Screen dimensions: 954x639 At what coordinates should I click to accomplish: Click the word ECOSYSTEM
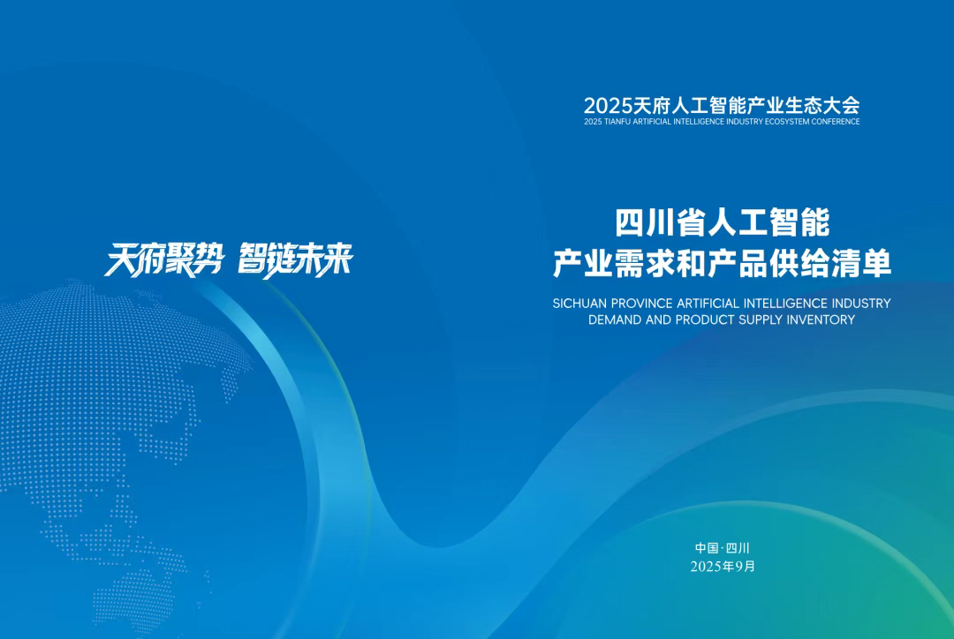[788, 122]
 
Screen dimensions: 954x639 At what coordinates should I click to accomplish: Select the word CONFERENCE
[836, 122]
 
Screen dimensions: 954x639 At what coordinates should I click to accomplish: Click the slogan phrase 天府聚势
[164, 260]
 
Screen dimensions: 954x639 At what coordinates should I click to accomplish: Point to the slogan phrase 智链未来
[295, 260]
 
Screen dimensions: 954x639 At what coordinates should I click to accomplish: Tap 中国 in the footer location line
[707, 548]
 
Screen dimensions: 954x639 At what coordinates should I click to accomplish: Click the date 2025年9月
[723, 567]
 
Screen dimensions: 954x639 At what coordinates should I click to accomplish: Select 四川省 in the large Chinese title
[660, 222]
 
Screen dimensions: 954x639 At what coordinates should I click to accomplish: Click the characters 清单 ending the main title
[861, 264]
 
